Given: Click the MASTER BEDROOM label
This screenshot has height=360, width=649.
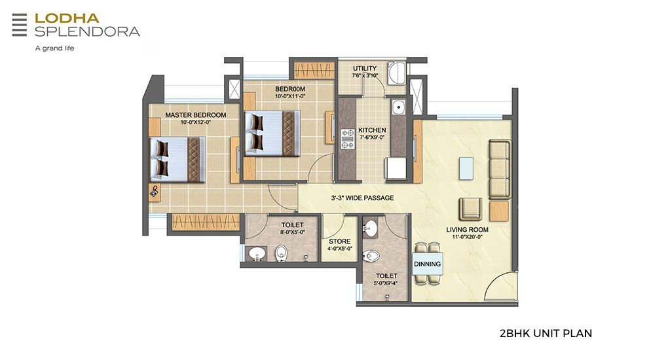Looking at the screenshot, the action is click(196, 115).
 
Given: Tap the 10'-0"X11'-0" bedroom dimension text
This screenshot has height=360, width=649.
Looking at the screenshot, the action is click(290, 96).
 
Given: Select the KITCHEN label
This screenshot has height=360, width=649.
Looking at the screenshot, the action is click(372, 130).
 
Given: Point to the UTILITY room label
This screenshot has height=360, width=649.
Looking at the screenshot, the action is click(365, 68).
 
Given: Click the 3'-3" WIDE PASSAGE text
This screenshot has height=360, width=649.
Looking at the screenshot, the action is click(362, 198).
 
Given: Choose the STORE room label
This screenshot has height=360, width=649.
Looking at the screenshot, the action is click(340, 242).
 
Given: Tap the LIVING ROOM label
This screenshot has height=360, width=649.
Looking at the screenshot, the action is click(468, 230).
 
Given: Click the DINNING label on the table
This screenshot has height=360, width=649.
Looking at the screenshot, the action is click(428, 264).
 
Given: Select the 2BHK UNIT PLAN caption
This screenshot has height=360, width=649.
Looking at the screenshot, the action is click(546, 333).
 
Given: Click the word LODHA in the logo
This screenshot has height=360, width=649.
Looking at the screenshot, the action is click(67, 18).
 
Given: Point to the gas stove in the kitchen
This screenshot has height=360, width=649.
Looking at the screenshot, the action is click(347, 139).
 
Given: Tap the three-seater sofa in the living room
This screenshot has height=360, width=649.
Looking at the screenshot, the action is click(500, 170).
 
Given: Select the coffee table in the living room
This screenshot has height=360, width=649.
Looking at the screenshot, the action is click(466, 168).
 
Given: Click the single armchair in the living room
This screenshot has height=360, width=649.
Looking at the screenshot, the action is click(470, 209).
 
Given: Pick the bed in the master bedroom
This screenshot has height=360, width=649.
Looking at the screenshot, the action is click(177, 160).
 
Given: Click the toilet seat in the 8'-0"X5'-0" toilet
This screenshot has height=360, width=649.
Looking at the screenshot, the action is click(282, 253).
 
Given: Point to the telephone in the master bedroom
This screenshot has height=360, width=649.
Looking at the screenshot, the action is click(155, 191).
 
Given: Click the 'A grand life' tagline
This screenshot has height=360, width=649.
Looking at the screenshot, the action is click(54, 48).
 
